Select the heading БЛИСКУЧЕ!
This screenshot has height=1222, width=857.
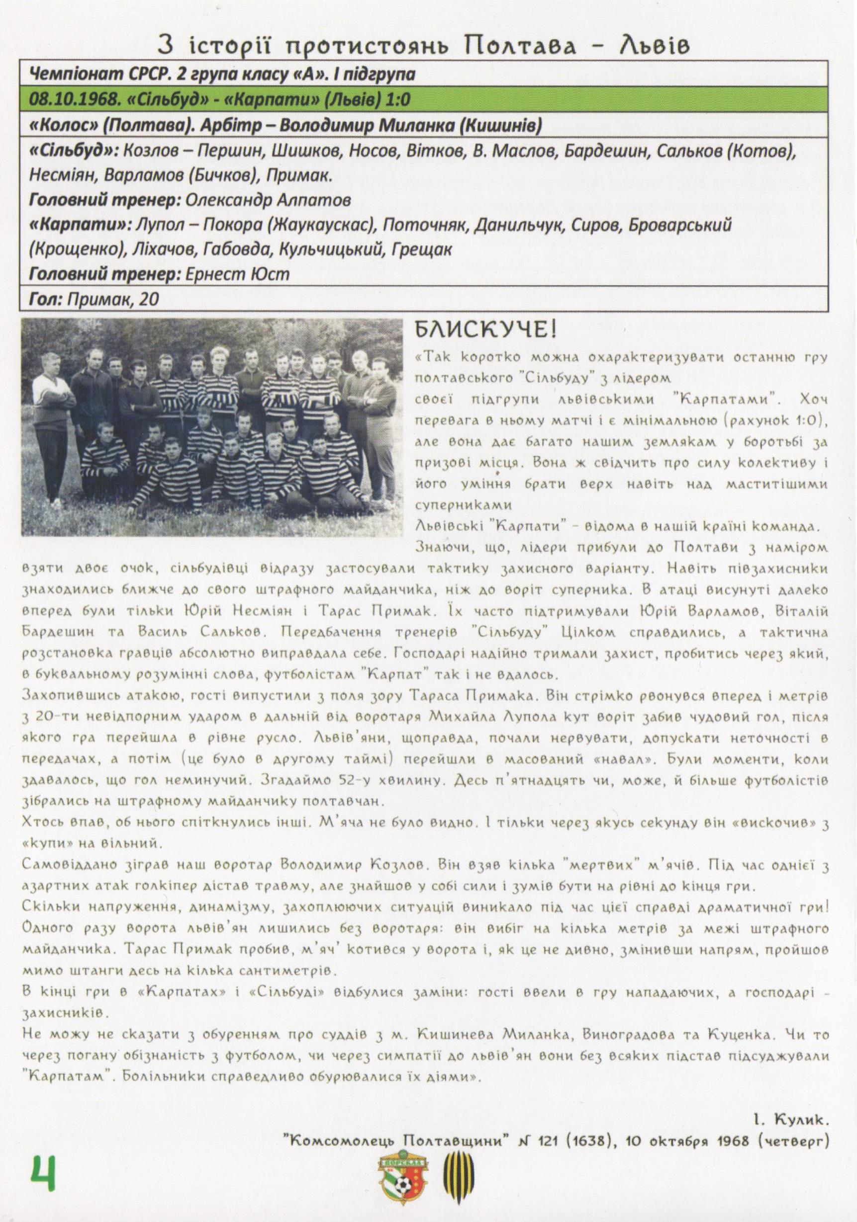click(x=486, y=330)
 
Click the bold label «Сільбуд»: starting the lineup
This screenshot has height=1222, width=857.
click(x=73, y=151)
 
